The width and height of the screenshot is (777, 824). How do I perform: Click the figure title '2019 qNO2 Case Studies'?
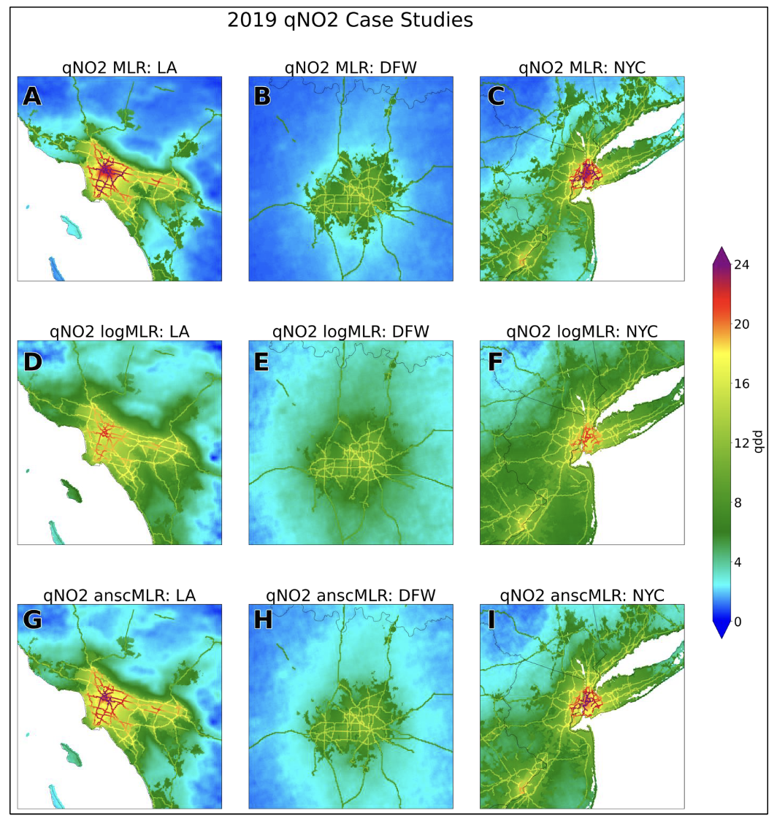click(350, 20)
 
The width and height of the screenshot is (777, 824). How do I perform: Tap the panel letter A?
click(32, 96)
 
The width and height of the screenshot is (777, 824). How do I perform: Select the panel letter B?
click(262, 96)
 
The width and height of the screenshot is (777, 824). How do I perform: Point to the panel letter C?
click(496, 96)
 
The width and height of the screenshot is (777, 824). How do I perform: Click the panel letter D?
click(33, 362)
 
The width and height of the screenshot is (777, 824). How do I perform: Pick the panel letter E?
click(261, 362)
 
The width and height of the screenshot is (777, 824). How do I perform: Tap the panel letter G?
click(33, 620)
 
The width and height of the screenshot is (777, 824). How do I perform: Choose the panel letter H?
click(263, 620)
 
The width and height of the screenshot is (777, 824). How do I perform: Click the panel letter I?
click(491, 620)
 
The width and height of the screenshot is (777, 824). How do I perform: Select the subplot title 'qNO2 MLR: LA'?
click(119, 68)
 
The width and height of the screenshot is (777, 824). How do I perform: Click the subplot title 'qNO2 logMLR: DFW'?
click(351, 332)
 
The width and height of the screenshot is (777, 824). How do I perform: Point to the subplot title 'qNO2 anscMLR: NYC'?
click(582, 596)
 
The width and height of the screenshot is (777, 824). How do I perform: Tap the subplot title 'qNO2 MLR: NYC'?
click(582, 68)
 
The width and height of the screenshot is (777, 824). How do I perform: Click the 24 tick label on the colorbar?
click(741, 265)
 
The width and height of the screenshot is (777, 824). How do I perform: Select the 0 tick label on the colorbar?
click(738, 622)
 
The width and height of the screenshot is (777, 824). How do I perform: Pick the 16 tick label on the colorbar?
click(741, 384)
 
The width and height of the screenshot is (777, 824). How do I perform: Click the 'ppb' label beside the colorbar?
click(758, 442)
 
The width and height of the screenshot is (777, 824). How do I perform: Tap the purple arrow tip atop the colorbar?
click(721, 247)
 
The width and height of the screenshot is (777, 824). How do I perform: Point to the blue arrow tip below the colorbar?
click(721, 638)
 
